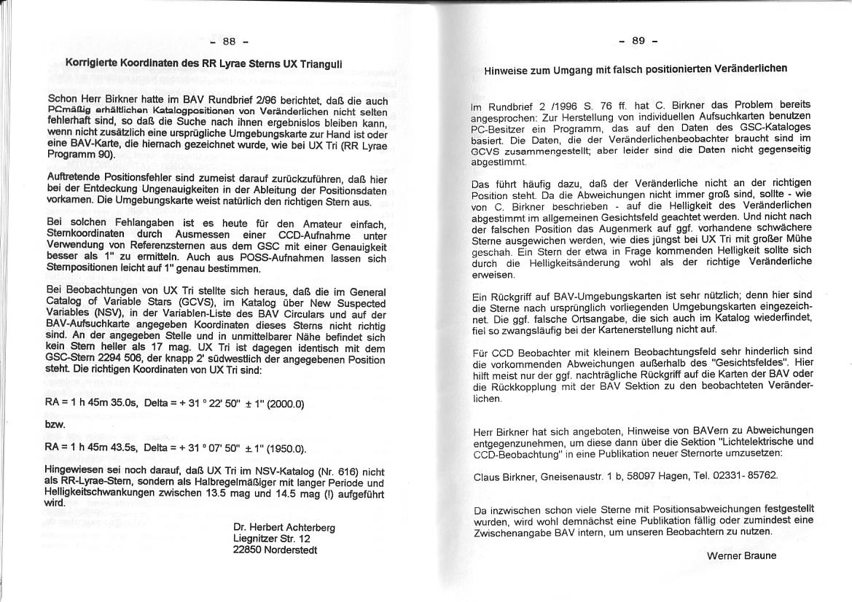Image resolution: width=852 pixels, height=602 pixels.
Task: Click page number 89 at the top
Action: pyautogui.click(x=638, y=41)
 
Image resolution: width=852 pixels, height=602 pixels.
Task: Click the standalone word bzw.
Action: pyautogui.click(x=55, y=424)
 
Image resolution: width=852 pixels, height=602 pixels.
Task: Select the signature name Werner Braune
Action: pyautogui.click(x=741, y=555)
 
